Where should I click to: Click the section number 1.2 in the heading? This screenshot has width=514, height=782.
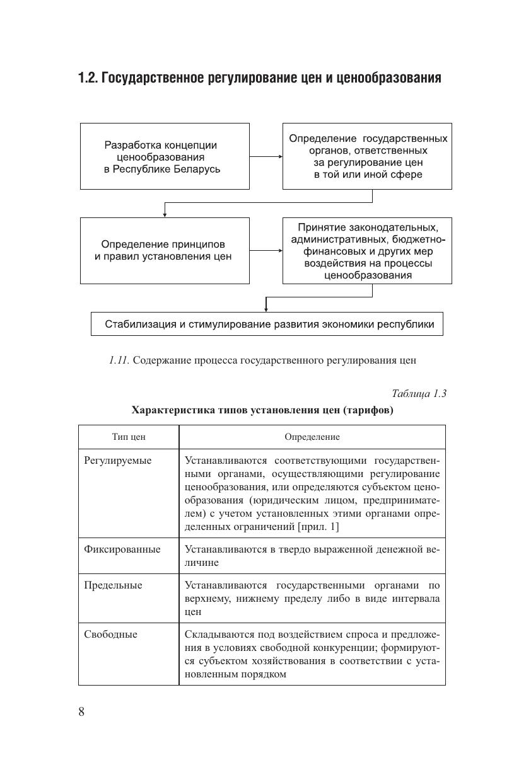[x=88, y=78]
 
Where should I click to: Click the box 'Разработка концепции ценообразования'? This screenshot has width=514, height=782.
[x=165, y=156]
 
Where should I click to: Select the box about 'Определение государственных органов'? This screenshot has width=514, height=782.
[x=367, y=156]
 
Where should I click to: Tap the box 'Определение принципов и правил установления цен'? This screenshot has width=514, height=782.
[x=165, y=250]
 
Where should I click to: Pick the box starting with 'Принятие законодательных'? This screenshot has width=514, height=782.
[x=367, y=250]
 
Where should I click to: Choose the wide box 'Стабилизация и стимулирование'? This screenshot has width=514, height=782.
[x=267, y=324]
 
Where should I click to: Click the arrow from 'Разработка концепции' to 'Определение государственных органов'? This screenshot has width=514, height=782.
[x=266, y=156]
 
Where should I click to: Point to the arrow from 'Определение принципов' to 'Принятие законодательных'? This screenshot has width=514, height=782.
[x=266, y=250]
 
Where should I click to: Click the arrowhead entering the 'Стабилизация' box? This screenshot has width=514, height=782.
[x=266, y=309]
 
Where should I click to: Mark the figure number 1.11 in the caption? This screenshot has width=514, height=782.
[x=119, y=360]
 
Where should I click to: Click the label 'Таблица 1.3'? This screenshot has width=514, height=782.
[x=419, y=393]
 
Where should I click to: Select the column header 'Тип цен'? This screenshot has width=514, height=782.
[x=129, y=437]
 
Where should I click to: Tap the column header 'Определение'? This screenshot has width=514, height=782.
[x=312, y=437]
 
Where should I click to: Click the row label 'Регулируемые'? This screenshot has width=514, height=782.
[x=118, y=461]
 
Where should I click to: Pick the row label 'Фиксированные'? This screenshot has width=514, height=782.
[x=122, y=549]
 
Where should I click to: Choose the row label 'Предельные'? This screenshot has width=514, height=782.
[x=114, y=585]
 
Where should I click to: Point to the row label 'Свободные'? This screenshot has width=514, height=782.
[x=110, y=635]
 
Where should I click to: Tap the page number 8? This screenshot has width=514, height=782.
[x=81, y=712]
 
